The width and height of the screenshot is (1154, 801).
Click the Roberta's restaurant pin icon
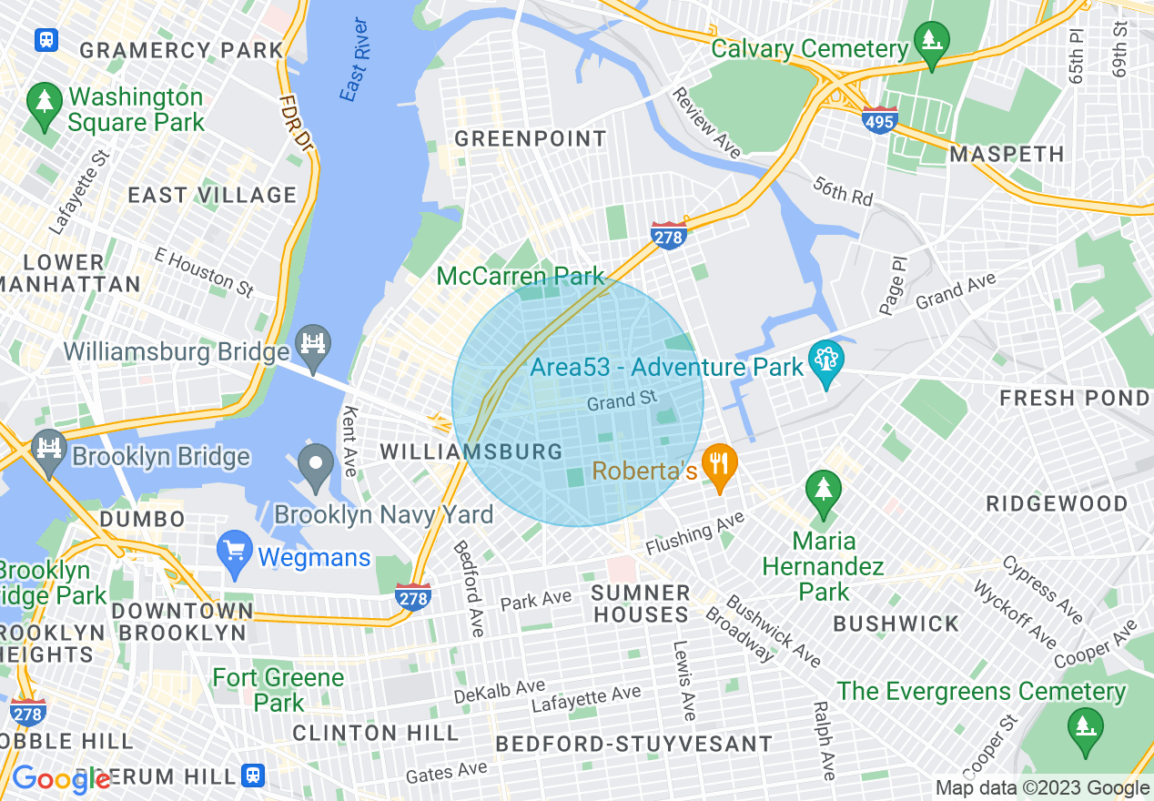click(720, 465)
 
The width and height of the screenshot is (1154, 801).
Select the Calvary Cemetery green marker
click(932, 42)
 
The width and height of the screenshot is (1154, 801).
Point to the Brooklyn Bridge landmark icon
click(47, 449)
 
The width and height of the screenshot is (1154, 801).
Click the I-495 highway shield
click(880, 120)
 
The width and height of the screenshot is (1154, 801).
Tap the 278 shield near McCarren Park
click(668, 235)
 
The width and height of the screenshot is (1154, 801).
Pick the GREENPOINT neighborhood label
click(531, 139)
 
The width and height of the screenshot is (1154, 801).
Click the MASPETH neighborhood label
click(1007, 155)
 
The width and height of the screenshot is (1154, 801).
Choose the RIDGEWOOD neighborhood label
click(1057, 503)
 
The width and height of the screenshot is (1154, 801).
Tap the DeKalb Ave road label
click(500, 691)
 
